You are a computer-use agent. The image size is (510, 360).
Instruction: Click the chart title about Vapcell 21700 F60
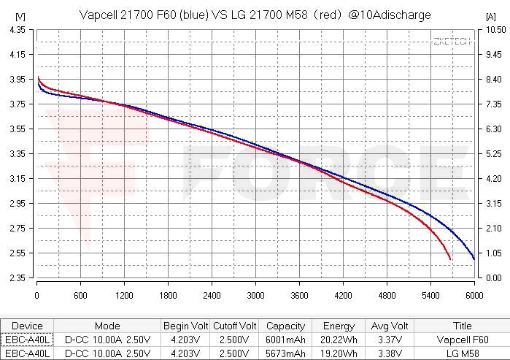coord(255,15)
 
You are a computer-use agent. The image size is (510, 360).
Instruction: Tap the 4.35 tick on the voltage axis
coord(18,30)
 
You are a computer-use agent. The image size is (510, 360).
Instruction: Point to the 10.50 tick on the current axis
coord(495,30)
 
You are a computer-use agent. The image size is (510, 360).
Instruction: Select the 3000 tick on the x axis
coord(255,296)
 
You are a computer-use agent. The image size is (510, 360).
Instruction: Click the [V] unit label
coord(20,16)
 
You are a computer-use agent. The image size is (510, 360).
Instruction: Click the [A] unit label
coord(491,16)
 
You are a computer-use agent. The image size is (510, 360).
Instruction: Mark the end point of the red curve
coord(450,259)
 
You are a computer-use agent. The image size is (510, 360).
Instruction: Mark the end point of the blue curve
coord(474,259)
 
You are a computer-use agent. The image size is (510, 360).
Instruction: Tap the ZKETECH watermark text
coord(452,42)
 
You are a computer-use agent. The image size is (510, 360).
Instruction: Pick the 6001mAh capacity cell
coord(285,340)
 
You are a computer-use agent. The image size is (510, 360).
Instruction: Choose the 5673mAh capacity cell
coord(285,353)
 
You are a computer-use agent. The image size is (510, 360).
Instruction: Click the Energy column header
coord(339,326)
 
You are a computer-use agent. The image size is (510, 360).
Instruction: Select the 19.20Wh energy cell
coord(339,353)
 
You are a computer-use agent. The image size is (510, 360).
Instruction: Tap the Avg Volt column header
coord(390,326)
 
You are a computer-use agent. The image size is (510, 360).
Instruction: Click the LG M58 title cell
coord(463,353)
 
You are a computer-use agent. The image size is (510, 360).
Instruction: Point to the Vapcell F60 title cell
coord(463,340)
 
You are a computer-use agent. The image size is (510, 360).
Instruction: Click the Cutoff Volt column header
coord(234,326)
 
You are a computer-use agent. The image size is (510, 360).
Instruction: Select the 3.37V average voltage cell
coord(390,340)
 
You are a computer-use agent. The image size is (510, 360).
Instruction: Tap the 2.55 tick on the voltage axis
coord(18,253)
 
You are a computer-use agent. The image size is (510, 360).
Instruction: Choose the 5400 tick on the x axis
coord(430,296)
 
